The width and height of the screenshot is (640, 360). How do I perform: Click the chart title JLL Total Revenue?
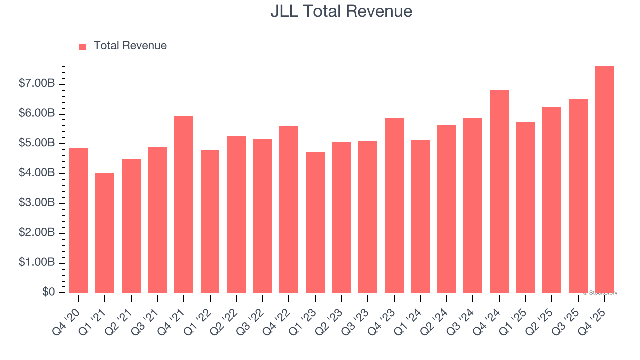click(341, 11)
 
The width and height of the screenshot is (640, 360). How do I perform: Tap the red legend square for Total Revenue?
click(82, 46)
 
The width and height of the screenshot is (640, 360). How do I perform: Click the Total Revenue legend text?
click(130, 46)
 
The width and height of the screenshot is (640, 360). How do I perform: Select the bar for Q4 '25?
click(604, 180)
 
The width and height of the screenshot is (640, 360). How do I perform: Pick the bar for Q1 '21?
click(105, 233)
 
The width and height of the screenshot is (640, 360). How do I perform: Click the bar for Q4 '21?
click(184, 204)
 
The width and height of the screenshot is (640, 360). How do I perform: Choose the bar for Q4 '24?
click(499, 191)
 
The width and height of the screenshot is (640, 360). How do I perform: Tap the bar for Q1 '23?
click(315, 222)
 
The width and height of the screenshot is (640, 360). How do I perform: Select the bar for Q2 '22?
click(236, 214)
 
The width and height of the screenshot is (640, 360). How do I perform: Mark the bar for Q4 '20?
click(79, 220)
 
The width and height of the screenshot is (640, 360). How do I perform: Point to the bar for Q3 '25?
click(578, 196)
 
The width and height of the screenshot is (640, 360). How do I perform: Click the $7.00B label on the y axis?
click(37, 83)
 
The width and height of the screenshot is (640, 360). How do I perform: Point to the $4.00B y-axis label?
click(37, 173)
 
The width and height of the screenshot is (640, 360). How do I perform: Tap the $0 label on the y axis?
click(48, 292)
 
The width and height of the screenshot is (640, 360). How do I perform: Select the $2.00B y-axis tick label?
click(37, 233)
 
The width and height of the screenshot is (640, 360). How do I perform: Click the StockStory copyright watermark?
click(600, 293)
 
